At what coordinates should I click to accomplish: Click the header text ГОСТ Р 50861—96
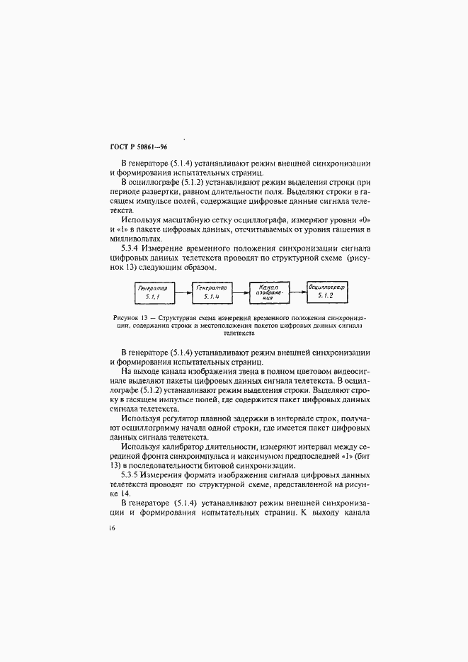(x=138, y=147)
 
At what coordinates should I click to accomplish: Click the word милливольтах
(x=137, y=239)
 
